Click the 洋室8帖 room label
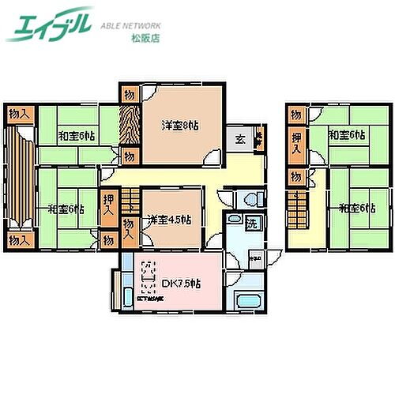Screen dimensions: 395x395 point(180,126)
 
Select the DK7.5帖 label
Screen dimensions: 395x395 point(179,283)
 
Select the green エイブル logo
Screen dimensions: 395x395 point(49,24)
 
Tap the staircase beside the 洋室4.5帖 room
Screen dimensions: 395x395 point(131,206)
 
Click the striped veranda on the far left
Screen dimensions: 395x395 point(17,177)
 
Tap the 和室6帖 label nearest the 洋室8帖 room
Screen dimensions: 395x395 point(77,134)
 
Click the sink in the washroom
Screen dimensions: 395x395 point(256,258)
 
